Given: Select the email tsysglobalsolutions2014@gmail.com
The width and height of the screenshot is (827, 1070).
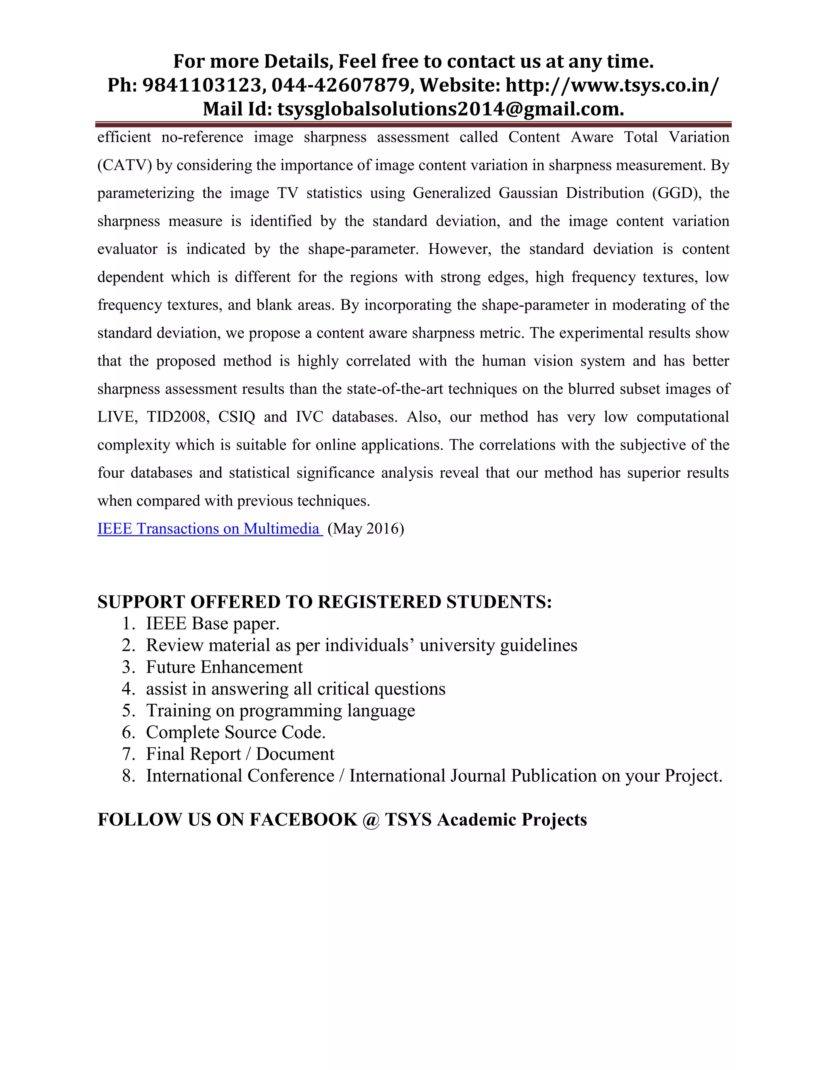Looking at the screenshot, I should coord(450,109).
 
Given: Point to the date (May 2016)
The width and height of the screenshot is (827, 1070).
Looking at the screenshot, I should coord(365,529).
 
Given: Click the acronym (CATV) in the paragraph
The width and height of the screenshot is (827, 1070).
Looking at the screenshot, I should coord(124,165).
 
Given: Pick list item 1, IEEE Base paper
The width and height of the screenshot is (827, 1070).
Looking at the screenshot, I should coord(213,624).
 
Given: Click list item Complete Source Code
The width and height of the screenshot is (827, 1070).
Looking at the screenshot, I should coord(236,732).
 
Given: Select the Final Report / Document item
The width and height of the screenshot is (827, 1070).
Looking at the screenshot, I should coord(240,754).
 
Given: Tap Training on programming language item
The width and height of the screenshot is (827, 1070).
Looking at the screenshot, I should coord(280,710).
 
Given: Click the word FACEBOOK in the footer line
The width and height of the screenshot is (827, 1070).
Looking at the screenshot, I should coord(303,820).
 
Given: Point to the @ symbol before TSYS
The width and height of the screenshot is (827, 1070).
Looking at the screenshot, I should coord(372,820).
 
